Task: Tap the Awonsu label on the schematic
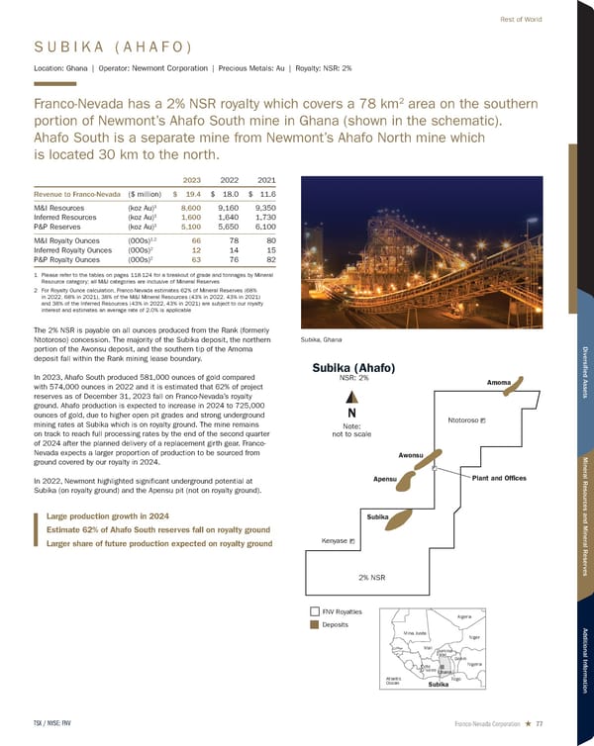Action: [x=411, y=454]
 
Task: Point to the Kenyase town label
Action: [x=335, y=541]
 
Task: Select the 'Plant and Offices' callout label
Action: [x=499, y=479]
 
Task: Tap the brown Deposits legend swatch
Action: [x=315, y=625]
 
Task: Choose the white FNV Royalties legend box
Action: [x=315, y=611]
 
